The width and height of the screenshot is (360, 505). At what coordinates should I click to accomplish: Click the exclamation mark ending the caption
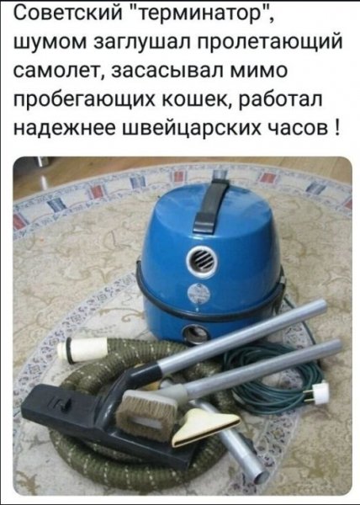[336, 131]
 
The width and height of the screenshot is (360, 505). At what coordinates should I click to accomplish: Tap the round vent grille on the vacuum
[202, 260]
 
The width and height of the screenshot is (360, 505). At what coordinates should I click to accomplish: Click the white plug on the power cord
[320, 391]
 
